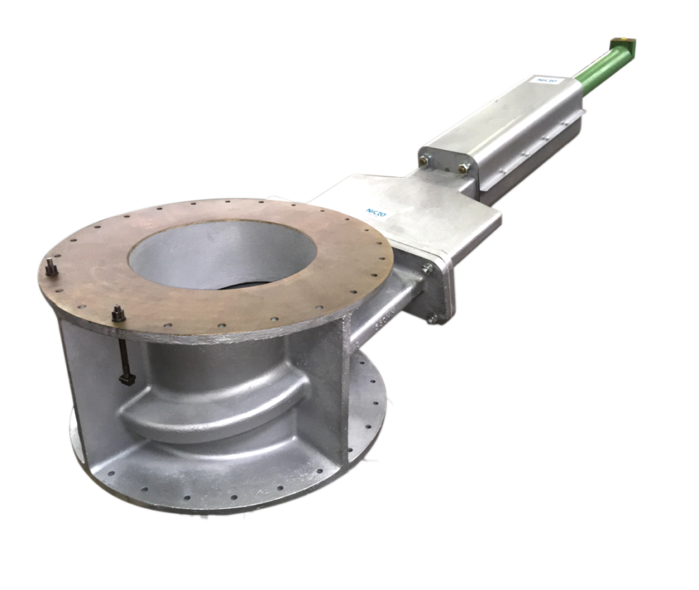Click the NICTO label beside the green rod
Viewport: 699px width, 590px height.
548,81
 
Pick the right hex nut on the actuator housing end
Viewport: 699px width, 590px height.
464,169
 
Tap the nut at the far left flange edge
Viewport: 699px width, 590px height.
51,269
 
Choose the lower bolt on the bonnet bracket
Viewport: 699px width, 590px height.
433,318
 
